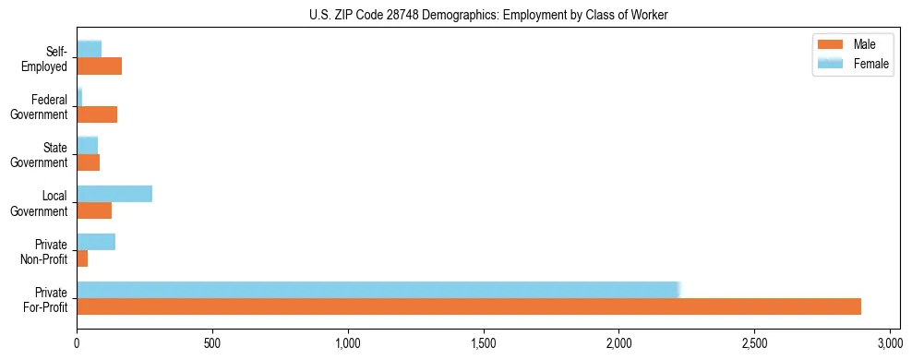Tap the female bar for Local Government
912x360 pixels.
coord(114,194)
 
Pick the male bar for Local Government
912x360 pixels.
coord(94,210)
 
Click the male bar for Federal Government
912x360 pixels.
coord(97,114)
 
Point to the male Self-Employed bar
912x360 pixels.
coord(100,66)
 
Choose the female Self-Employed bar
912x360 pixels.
coord(90,49)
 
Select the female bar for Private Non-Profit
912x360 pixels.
coord(96,242)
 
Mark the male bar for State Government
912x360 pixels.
coord(89,162)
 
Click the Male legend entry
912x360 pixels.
coord(852,44)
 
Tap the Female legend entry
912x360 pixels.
coord(852,64)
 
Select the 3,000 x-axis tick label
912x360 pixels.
coord(890,341)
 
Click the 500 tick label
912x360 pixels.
coord(212,341)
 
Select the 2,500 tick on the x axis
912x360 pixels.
coord(754,341)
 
